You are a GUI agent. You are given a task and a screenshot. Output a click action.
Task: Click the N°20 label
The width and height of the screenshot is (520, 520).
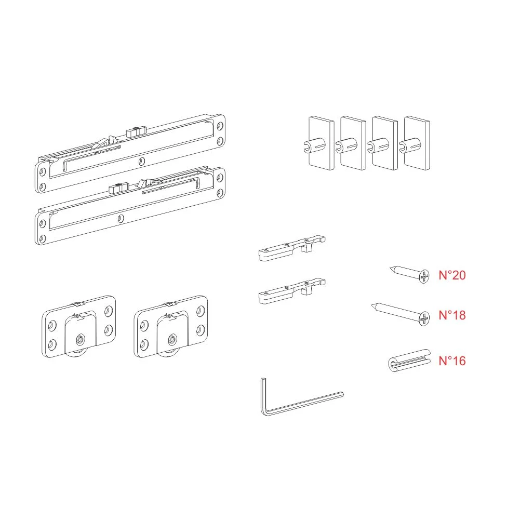click(452, 275)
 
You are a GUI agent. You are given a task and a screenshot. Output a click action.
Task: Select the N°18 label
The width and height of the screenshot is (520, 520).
click(452, 315)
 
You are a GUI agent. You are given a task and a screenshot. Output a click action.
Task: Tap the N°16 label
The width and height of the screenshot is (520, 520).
click(452, 361)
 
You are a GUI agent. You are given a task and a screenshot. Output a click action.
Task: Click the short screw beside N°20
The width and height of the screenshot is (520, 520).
click(410, 274)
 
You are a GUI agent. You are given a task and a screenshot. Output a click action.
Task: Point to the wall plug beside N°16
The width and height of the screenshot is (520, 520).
click(409, 361)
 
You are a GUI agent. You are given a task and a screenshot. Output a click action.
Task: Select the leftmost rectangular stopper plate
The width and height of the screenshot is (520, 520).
click(320, 143)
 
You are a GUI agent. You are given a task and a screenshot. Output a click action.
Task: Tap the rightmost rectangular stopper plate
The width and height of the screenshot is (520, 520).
click(416, 143)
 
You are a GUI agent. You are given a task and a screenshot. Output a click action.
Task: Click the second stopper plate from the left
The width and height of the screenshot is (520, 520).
click(352, 143)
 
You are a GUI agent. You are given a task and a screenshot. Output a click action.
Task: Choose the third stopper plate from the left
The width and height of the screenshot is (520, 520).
click(384, 143)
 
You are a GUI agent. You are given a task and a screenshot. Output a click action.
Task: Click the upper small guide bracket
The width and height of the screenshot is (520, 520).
click(292, 248)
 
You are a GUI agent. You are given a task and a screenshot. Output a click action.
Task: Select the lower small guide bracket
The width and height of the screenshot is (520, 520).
click(292, 290)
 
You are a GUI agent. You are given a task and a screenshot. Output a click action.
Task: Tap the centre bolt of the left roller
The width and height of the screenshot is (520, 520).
click(80, 340)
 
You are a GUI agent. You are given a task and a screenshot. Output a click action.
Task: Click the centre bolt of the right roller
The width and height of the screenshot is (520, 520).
click(172, 340)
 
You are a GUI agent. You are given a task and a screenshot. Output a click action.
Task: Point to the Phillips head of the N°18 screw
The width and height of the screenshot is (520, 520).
click(424, 318)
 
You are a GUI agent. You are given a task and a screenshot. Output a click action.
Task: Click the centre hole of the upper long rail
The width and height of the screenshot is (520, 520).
click(142, 162)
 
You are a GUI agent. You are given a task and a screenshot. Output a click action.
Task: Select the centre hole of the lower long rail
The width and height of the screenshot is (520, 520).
click(121, 219)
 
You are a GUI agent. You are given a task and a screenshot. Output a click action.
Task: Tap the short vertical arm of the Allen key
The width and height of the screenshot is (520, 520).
click(263, 395)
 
